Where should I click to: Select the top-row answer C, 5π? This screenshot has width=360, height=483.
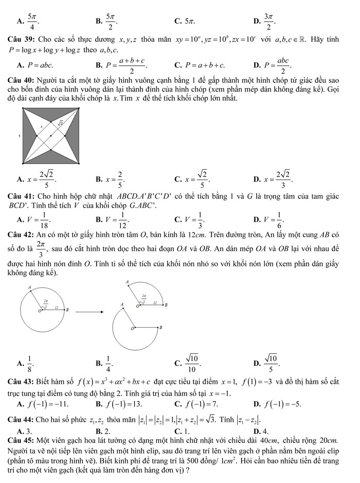[x=184, y=21]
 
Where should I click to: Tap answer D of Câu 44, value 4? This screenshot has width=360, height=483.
[x=261, y=431]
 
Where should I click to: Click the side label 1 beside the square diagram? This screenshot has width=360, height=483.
[x=20, y=136]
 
